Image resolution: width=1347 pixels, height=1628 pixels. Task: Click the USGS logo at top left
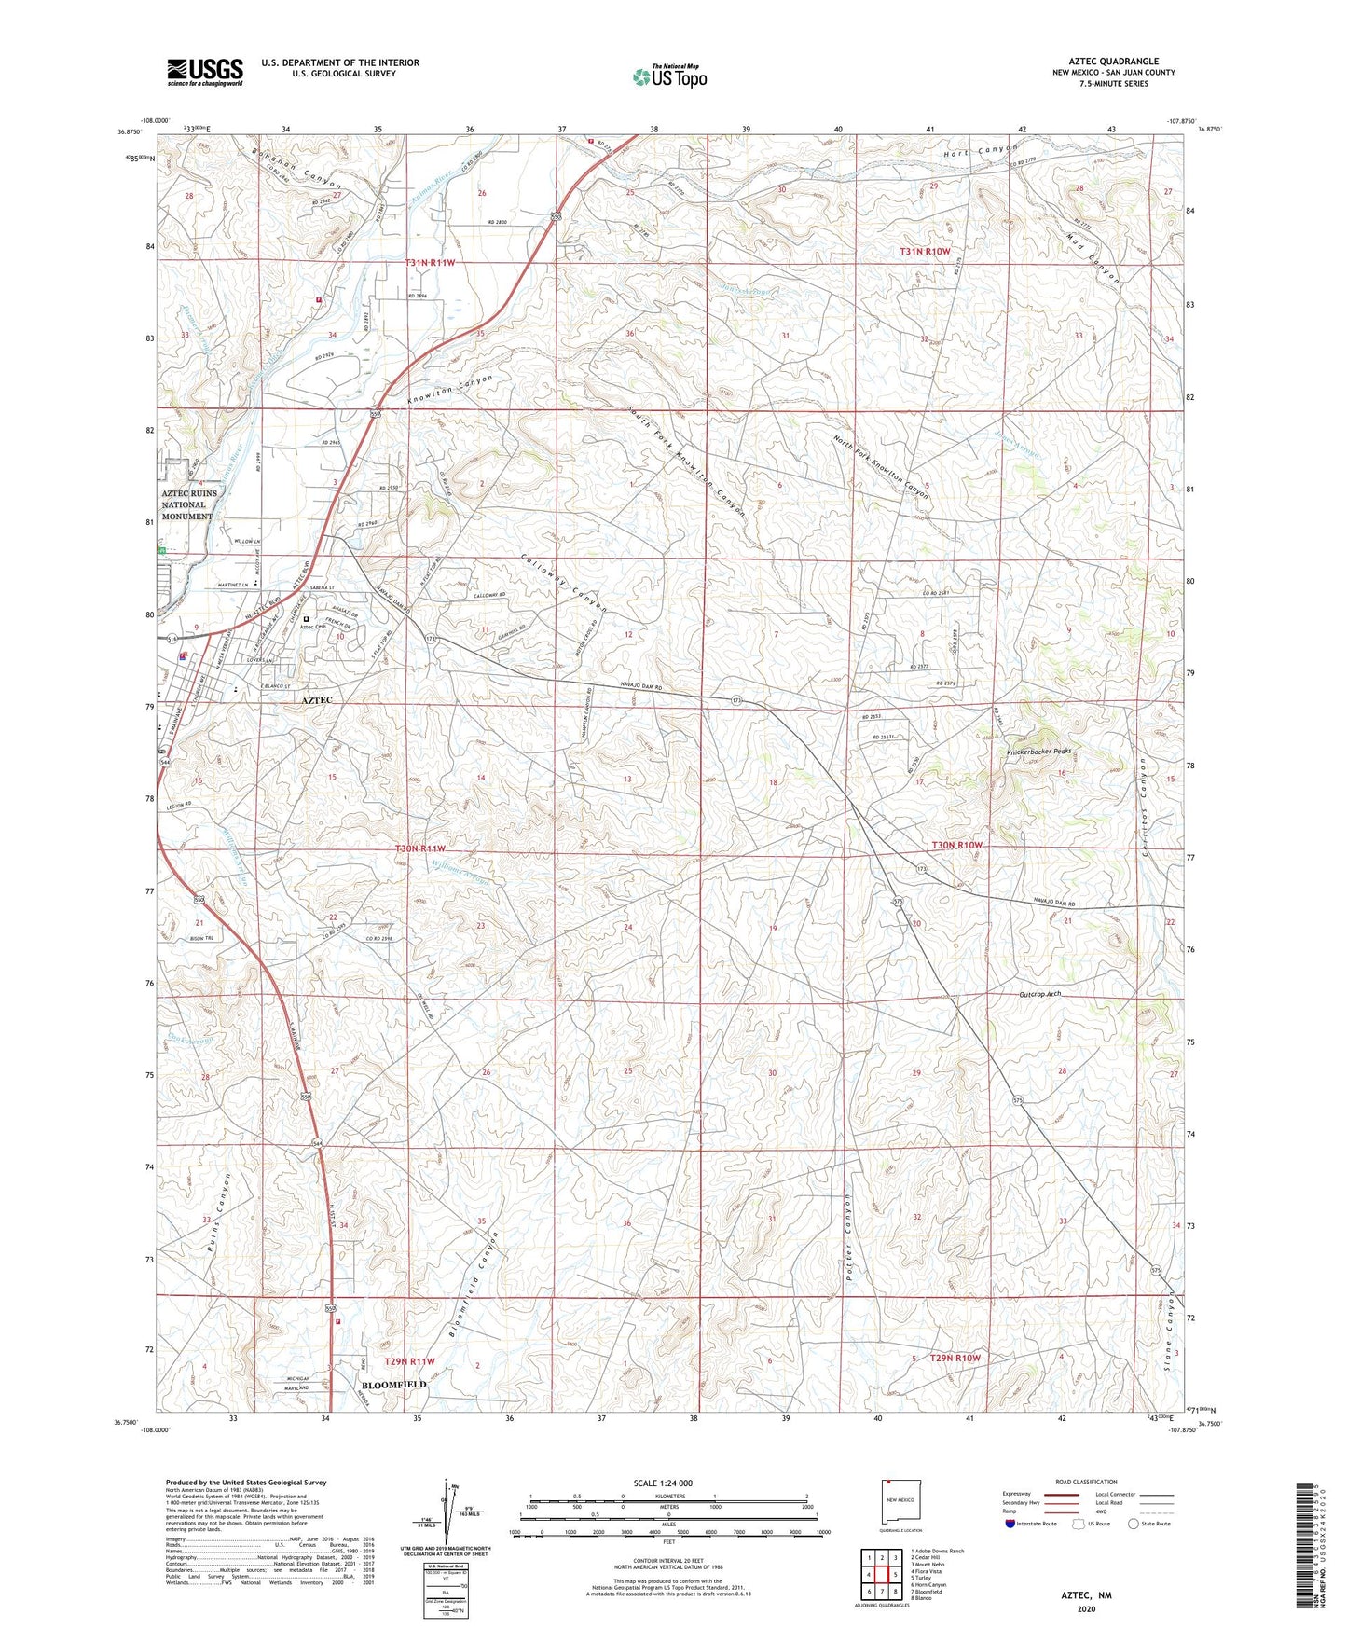pyautogui.click(x=205, y=72)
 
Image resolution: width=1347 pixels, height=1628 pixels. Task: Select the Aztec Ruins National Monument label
pyautogui.click(x=189, y=504)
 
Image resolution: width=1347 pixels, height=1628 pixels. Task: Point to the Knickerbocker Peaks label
pyautogui.click(x=1039, y=752)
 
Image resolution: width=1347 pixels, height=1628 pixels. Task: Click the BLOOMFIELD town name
pyautogui.click(x=393, y=1385)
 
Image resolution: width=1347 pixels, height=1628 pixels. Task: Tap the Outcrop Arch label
pyautogui.click(x=1038, y=994)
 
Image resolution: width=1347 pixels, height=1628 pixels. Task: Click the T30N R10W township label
pyautogui.click(x=957, y=845)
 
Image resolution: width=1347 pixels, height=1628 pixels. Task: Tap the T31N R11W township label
pyautogui.click(x=430, y=263)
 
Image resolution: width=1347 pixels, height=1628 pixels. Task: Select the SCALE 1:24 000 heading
pyautogui.click(x=663, y=1483)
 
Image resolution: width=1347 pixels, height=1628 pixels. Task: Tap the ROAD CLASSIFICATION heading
pyautogui.click(x=1086, y=1482)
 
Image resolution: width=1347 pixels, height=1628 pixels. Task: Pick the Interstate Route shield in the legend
pyautogui.click(x=1013, y=1524)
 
